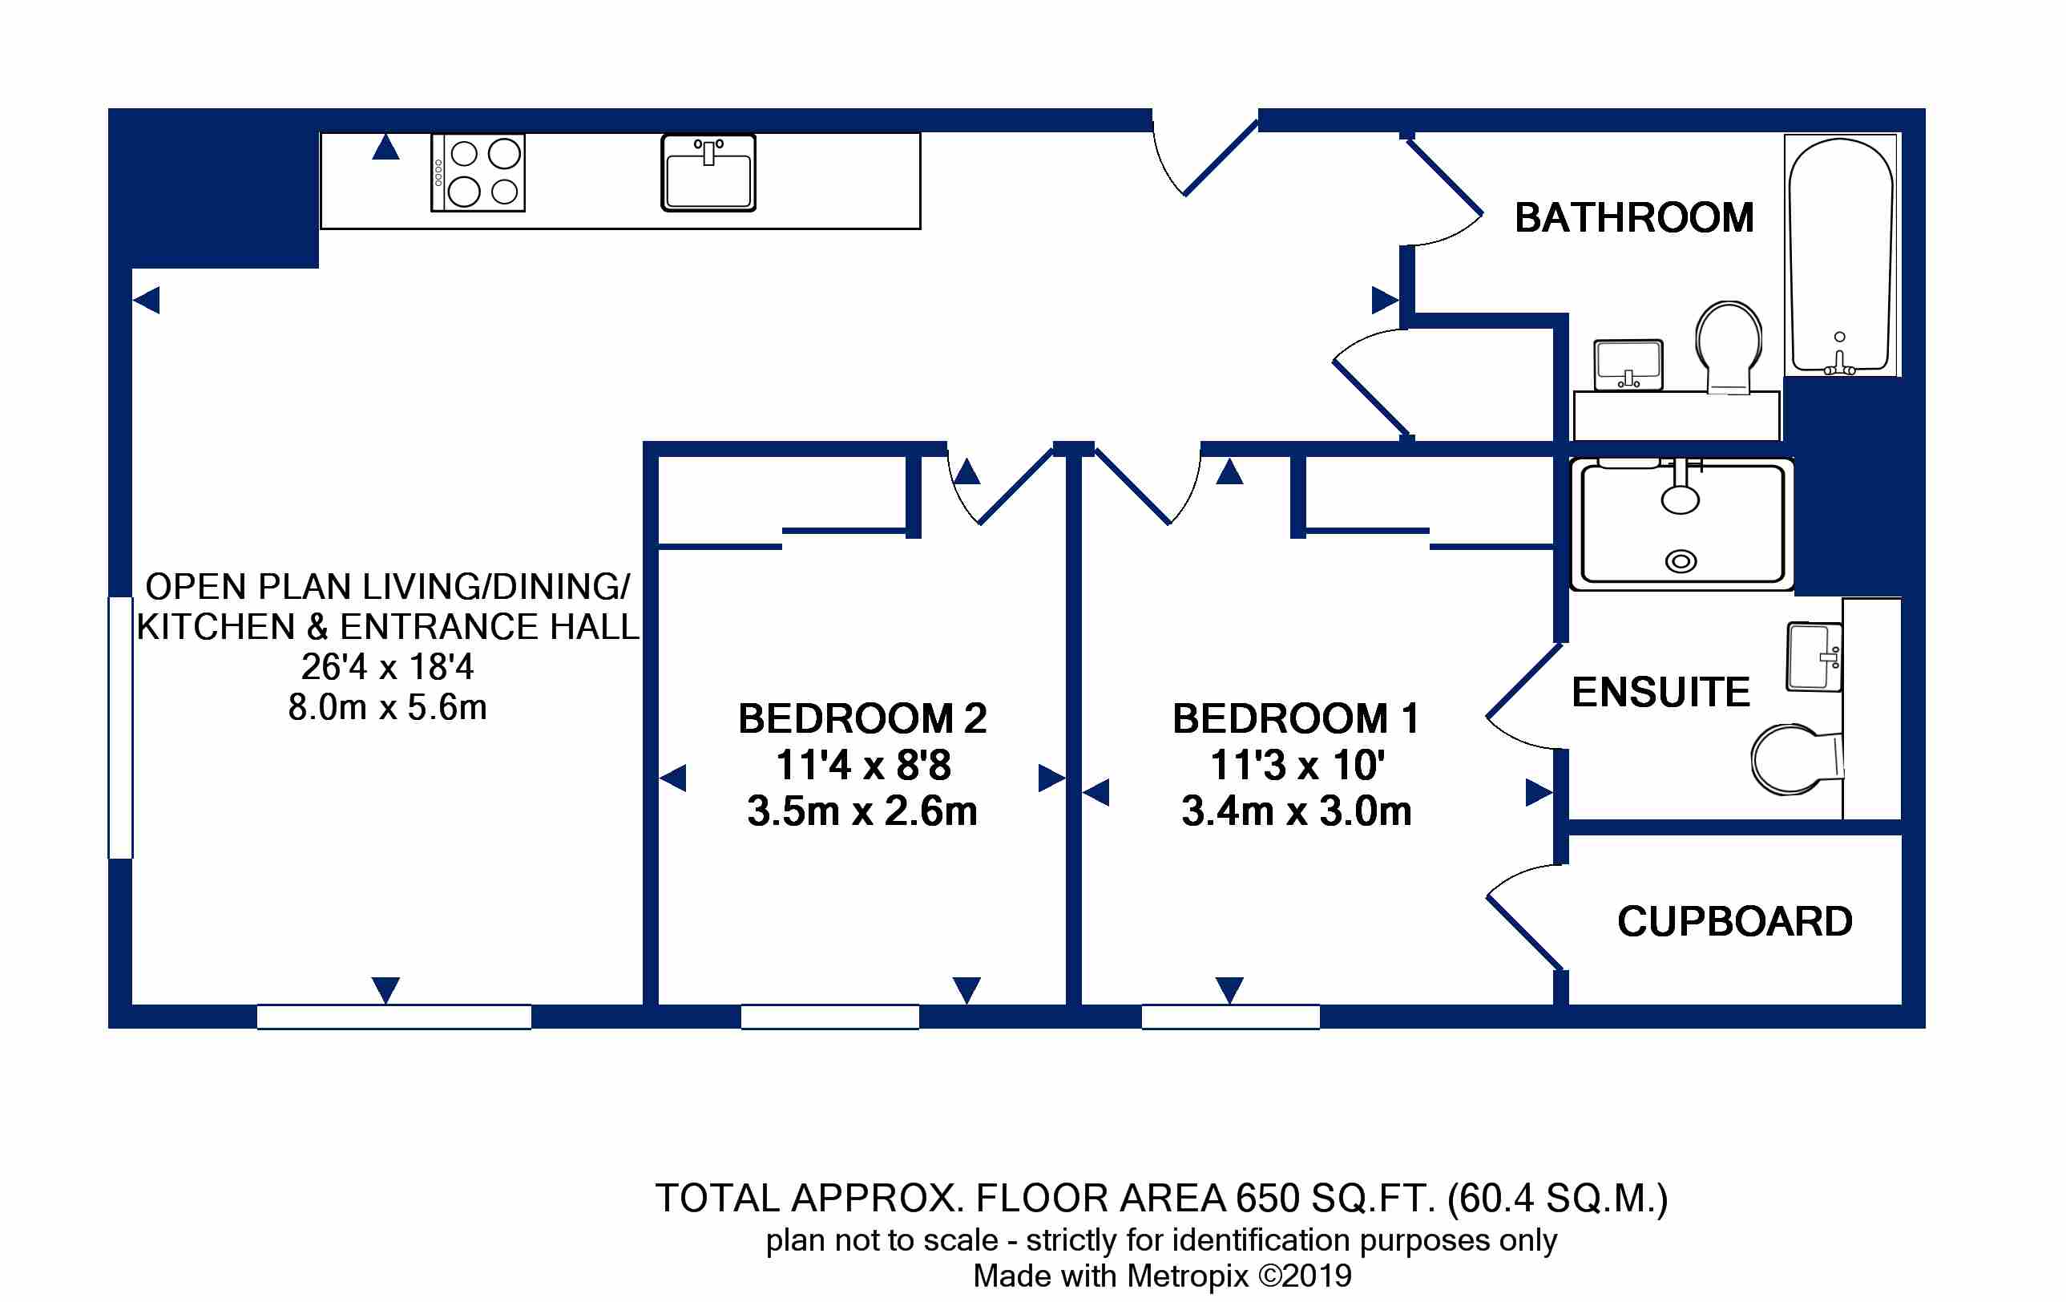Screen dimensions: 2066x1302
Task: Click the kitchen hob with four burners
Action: coord(478,172)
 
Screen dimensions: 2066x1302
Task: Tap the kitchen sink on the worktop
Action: coord(708,172)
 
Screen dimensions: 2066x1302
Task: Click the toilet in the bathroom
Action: coord(1729,346)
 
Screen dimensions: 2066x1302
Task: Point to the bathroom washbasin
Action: coord(1628,365)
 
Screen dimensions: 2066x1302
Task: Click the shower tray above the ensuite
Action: coord(1681,524)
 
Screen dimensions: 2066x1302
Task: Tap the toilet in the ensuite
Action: coord(1797,759)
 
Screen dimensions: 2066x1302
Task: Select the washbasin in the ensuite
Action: coord(1814,657)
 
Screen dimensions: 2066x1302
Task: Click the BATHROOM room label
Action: coord(1633,217)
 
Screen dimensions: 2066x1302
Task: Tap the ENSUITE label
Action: coord(1661,692)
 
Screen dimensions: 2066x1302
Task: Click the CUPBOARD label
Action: coord(1735,921)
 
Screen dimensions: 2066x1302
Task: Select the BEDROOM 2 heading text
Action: coord(862,718)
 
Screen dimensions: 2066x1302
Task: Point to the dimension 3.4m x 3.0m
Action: coord(1297,811)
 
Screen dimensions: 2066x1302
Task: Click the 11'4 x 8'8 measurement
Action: coord(863,765)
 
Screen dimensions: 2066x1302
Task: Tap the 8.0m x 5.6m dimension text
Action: coord(388,707)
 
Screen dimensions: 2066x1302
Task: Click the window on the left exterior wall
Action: coord(120,727)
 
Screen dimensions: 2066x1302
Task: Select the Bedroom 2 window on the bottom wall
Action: coord(829,1017)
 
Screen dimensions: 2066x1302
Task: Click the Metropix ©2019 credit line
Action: coord(1163,1276)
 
